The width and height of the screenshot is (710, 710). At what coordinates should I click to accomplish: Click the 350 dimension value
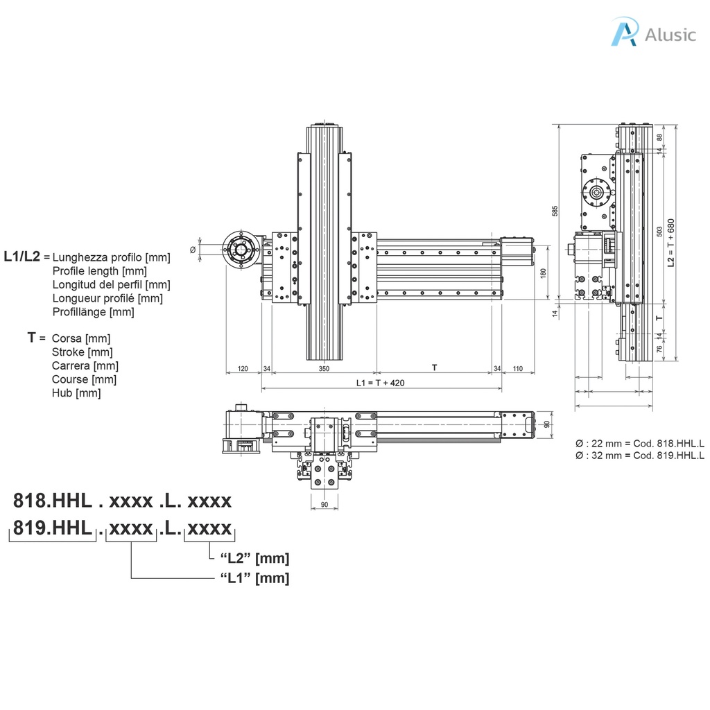point(324,368)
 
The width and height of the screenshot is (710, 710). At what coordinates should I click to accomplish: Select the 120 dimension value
point(243,368)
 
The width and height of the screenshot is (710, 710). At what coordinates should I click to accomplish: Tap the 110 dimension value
point(517,368)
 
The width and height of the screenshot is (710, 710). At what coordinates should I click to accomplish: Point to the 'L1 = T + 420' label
point(380,383)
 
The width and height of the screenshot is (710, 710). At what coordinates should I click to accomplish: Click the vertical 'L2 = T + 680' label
point(670,243)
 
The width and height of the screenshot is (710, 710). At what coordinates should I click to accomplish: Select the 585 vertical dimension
point(554,211)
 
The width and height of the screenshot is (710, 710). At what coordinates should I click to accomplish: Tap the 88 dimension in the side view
point(659,137)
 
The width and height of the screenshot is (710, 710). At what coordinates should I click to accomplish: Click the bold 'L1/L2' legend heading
point(21,257)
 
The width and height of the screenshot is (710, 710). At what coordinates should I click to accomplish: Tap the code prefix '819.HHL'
point(53,528)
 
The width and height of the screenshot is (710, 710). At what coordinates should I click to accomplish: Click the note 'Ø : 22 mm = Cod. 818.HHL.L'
point(639,443)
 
